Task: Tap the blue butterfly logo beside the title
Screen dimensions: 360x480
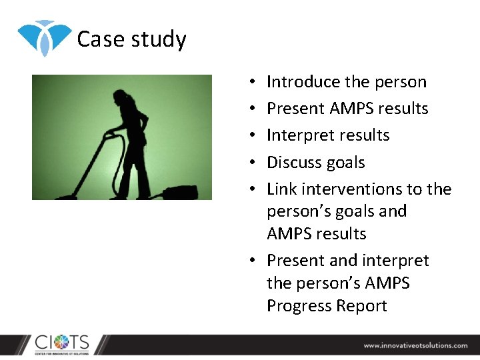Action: pyautogui.click(x=44, y=37)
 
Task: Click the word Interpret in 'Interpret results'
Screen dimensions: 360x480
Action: pyautogui.click(x=295, y=135)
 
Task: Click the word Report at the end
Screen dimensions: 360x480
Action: pyautogui.click(x=365, y=306)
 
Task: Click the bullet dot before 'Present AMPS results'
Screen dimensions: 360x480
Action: pyautogui.click(x=255, y=109)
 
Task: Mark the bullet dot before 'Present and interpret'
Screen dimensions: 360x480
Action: pyautogui.click(x=255, y=261)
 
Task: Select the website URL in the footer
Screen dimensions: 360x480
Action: pyautogui.click(x=415, y=345)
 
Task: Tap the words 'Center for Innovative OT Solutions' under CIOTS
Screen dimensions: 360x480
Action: pyautogui.click(x=62, y=353)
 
